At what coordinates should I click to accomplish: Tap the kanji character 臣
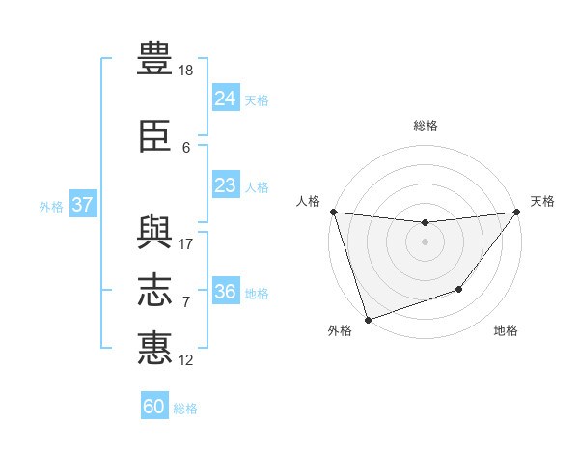pyautogui.click(x=155, y=136)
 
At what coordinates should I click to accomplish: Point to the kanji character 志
pyautogui.click(x=155, y=290)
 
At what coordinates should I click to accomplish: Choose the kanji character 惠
pyautogui.click(x=155, y=348)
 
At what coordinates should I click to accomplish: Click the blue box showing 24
pyautogui.click(x=225, y=99)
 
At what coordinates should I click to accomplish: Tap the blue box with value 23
pyautogui.click(x=225, y=185)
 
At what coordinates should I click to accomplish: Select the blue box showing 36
pyautogui.click(x=225, y=292)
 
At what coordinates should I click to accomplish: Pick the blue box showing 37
pyautogui.click(x=83, y=205)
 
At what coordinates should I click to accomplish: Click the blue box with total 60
pyautogui.click(x=154, y=407)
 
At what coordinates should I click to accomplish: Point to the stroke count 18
pyautogui.click(x=186, y=71)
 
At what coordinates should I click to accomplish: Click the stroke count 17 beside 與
pyautogui.click(x=185, y=243)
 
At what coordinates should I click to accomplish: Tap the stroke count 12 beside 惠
pyautogui.click(x=185, y=359)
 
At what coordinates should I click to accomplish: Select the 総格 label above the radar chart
pyautogui.click(x=426, y=126)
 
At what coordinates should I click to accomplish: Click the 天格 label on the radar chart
pyautogui.click(x=542, y=201)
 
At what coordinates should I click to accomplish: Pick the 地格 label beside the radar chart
pyautogui.click(x=506, y=330)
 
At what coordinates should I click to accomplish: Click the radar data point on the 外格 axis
pyautogui.click(x=368, y=319)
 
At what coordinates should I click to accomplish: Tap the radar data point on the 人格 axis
pyautogui.click(x=333, y=212)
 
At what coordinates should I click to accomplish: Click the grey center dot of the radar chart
pyautogui.click(x=426, y=241)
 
